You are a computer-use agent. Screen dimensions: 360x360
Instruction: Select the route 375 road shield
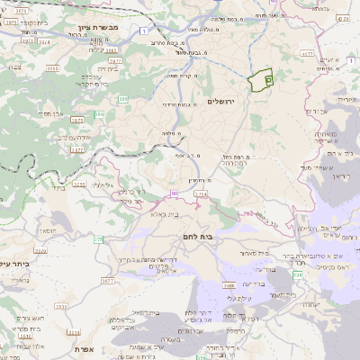(x=97, y=239)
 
